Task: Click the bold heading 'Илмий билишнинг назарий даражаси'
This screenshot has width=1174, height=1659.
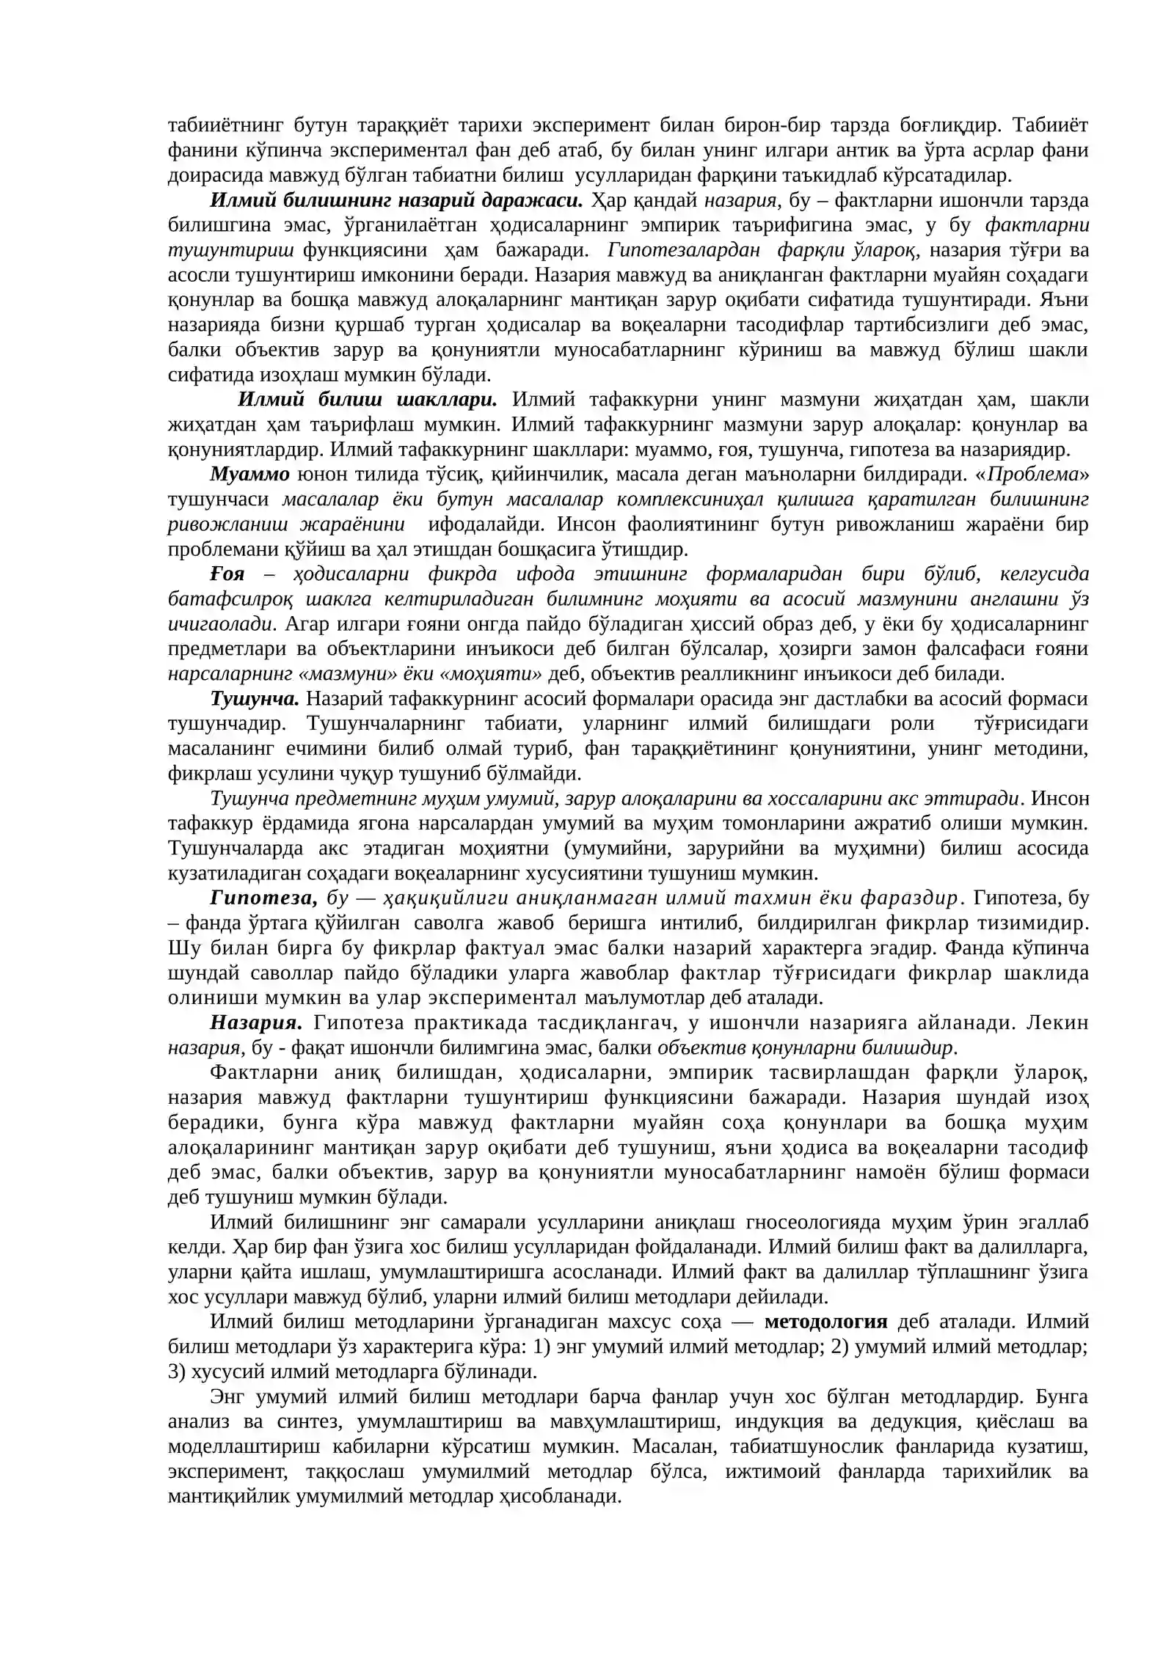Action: [396, 200]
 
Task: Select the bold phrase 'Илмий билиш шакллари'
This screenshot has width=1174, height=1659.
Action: [368, 400]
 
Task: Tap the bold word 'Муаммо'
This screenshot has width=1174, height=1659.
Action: [249, 474]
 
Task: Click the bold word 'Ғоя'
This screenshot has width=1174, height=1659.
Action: [227, 574]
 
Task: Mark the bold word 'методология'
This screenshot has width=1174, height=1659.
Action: [825, 1322]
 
